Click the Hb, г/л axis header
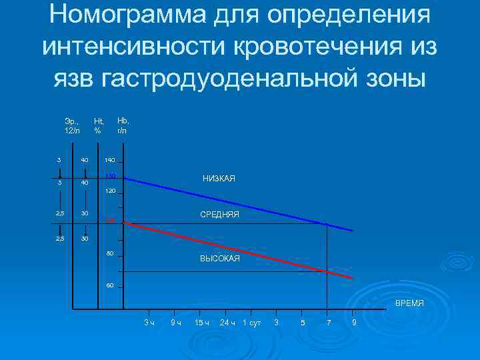point(123,126)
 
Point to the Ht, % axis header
point(98,126)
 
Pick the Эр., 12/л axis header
point(72,126)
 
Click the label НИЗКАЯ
point(219,179)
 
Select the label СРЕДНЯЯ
point(219,215)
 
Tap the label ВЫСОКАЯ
point(219,259)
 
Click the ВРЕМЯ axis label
point(409,303)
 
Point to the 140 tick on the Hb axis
point(110,161)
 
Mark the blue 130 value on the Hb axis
point(111,177)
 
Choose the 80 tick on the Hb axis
point(111,253)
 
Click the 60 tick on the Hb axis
point(111,286)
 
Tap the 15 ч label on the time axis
point(201,323)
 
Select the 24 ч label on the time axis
point(228,323)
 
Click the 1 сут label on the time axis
point(251,323)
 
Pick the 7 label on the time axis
point(327,323)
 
